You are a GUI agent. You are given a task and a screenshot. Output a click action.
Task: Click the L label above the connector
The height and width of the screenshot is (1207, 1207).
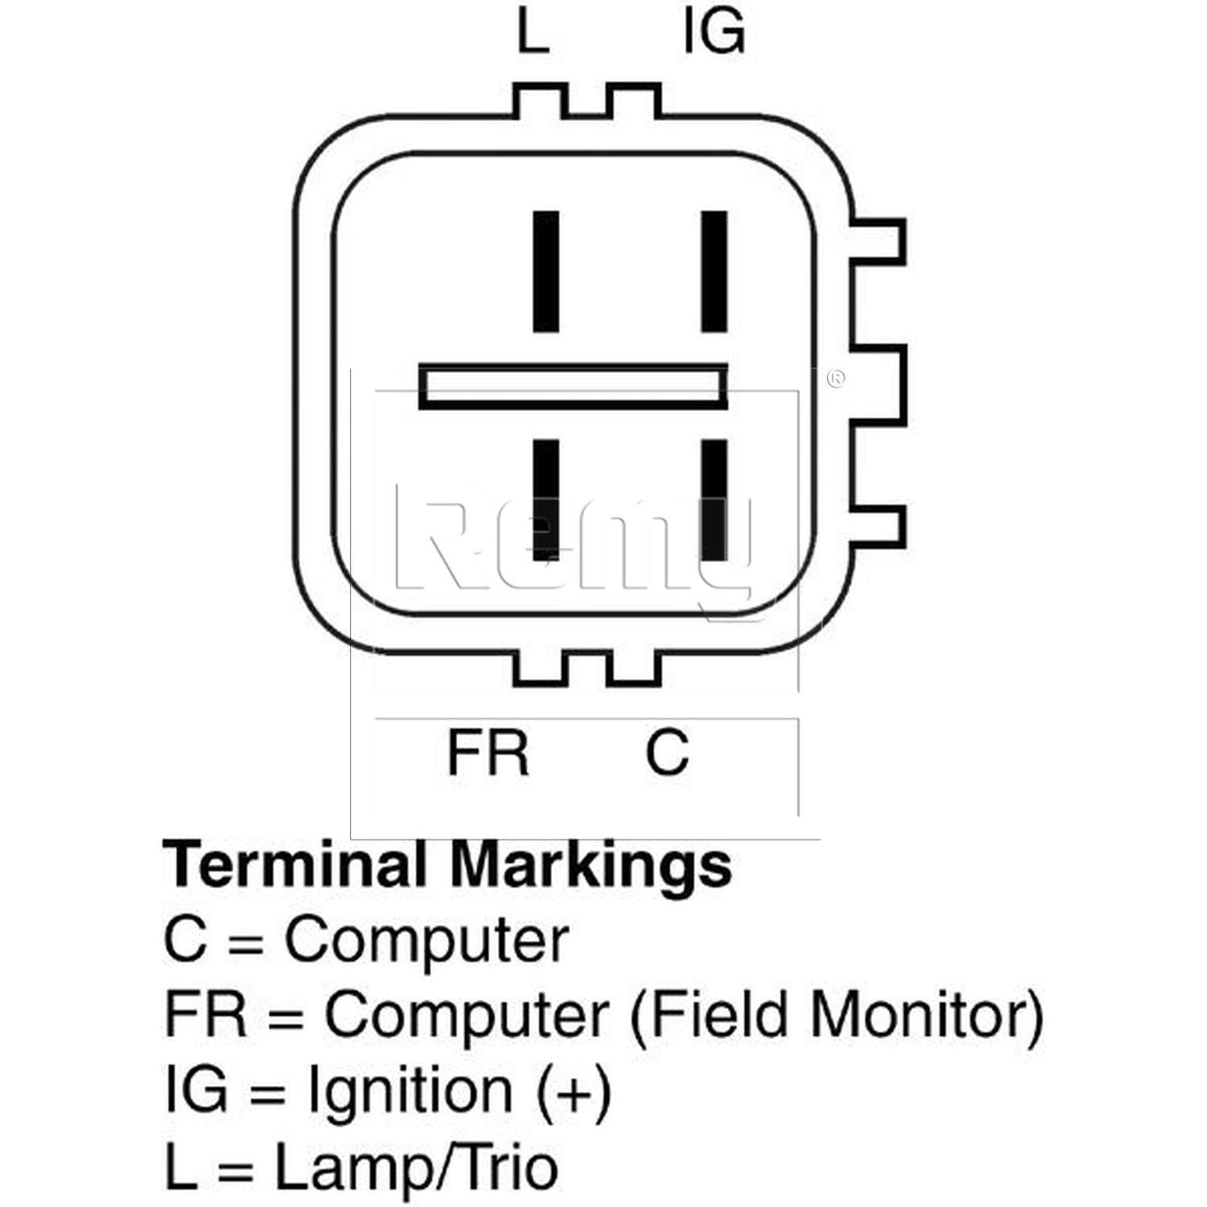[532, 33]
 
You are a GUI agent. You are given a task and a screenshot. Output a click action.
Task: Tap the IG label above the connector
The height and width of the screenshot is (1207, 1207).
[714, 33]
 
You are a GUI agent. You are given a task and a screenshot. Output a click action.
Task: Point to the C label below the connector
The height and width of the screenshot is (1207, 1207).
[667, 752]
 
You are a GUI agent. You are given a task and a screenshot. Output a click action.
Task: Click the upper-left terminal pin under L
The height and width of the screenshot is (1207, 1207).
[546, 271]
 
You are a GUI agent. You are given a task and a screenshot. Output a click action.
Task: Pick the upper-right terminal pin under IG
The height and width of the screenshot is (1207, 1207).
[714, 271]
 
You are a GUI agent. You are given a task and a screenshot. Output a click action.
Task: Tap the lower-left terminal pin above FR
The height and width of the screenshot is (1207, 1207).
[546, 500]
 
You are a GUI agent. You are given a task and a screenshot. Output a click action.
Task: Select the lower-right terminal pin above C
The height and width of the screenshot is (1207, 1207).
[714, 500]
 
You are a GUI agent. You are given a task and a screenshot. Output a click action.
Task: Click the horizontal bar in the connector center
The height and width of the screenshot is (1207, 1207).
[572, 387]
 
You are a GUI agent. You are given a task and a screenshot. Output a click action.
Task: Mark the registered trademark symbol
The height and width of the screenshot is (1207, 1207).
[835, 379]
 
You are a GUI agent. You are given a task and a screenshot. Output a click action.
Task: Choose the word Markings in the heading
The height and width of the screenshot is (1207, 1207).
[591, 866]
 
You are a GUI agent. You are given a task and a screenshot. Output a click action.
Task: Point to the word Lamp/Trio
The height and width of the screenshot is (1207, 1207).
[416, 1167]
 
